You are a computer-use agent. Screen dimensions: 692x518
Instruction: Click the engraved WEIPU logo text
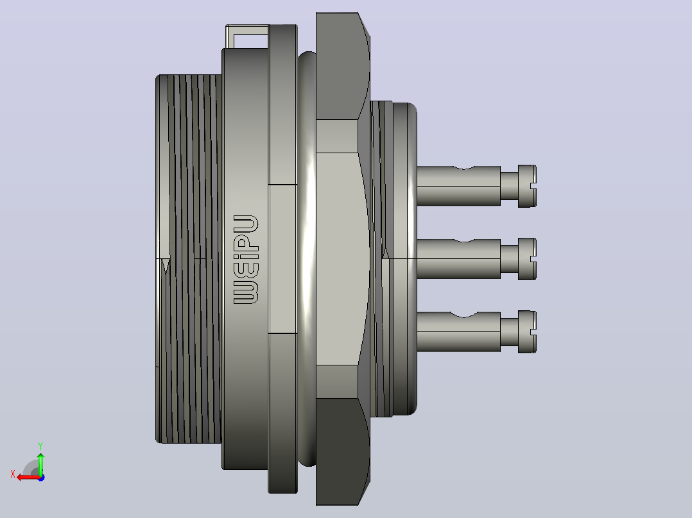pyautogui.click(x=246, y=259)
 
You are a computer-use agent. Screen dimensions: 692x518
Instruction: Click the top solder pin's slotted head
pyautogui.click(x=527, y=186)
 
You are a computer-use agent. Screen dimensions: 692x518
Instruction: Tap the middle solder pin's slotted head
pyautogui.click(x=527, y=259)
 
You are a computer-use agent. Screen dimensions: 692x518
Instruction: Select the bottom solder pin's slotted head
pyautogui.click(x=527, y=331)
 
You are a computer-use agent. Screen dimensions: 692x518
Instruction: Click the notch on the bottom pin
pyautogui.click(x=464, y=314)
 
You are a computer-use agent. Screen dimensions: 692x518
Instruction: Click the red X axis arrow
pyautogui.click(x=29, y=477)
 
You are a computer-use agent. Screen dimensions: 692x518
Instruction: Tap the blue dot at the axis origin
pyautogui.click(x=42, y=478)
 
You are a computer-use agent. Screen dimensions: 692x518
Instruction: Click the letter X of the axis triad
pyautogui.click(x=13, y=474)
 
